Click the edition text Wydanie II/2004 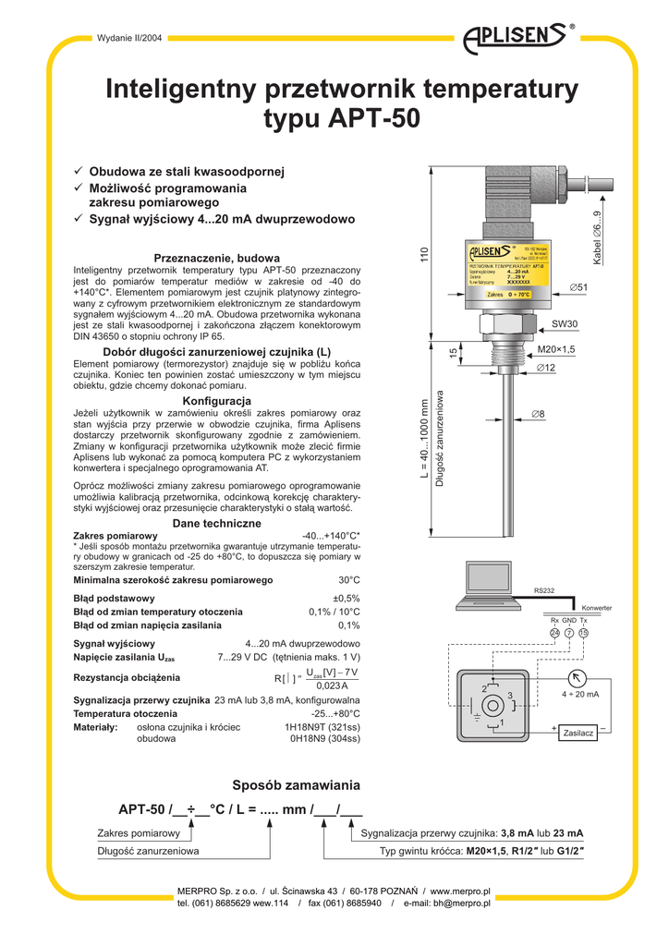pos(132,38)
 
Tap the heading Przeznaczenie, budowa pos(216,257)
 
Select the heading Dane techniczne pos(216,524)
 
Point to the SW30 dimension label pos(565,324)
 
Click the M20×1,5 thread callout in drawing pos(556,350)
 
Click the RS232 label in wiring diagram pos(543,590)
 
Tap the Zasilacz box pos(578,733)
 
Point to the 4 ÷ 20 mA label pos(580,694)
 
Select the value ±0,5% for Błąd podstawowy pos(347,598)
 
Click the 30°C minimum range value pos(348,580)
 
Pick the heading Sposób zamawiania pos(295,784)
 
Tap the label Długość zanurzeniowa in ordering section pos(148,850)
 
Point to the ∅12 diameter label pos(545,369)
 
